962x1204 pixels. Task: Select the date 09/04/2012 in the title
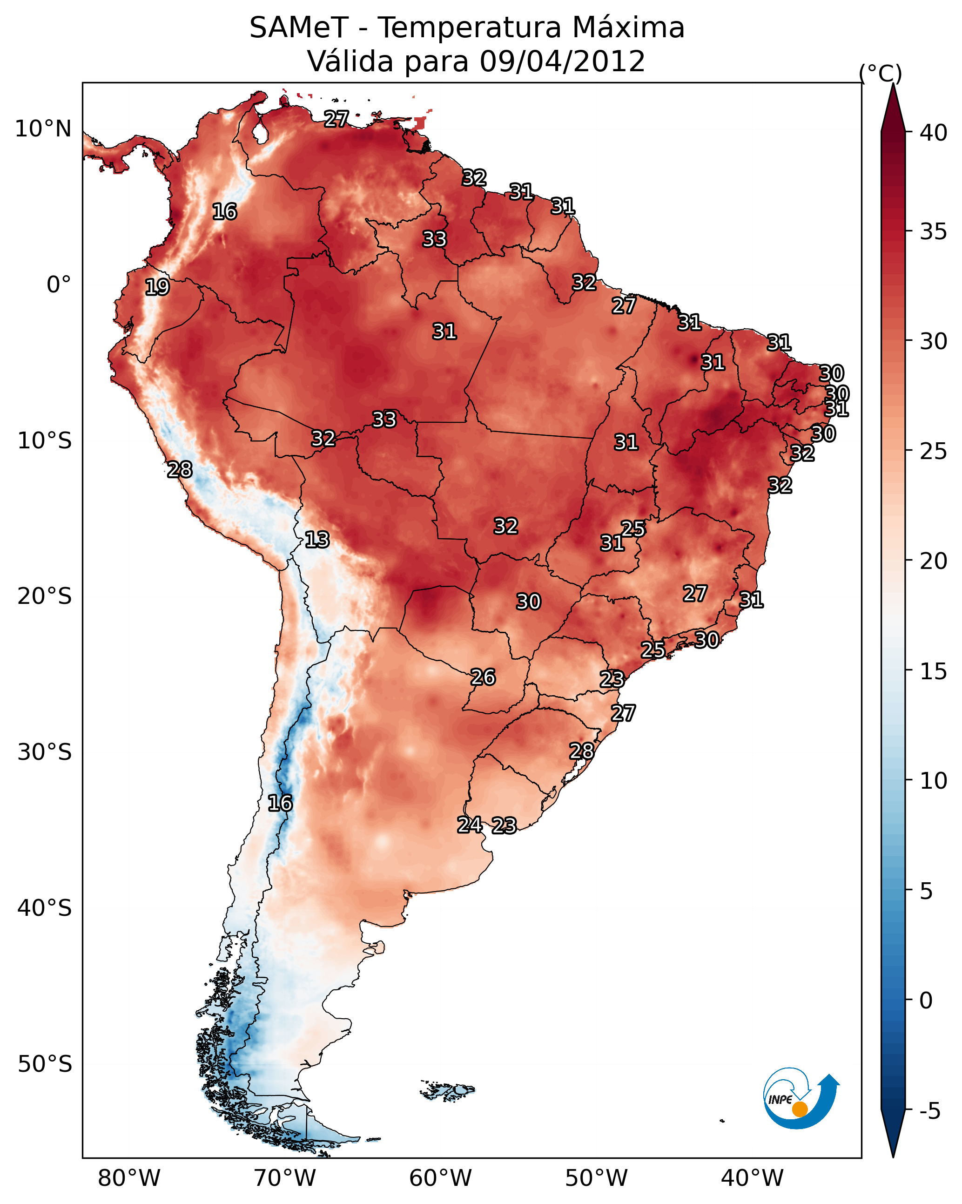point(562,61)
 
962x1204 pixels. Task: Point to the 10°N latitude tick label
point(43,129)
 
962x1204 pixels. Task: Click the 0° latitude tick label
point(59,285)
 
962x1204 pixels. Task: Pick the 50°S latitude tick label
point(45,1064)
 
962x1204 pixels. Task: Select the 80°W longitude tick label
point(129,1178)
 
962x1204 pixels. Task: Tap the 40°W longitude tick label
point(752,1178)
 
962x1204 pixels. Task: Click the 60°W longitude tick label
point(441,1178)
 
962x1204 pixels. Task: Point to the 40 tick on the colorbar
point(934,133)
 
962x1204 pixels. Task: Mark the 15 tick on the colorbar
point(934,671)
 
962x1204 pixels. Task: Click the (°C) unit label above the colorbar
point(880,73)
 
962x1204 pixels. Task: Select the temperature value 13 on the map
point(317,540)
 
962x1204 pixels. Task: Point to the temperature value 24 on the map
point(470,825)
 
